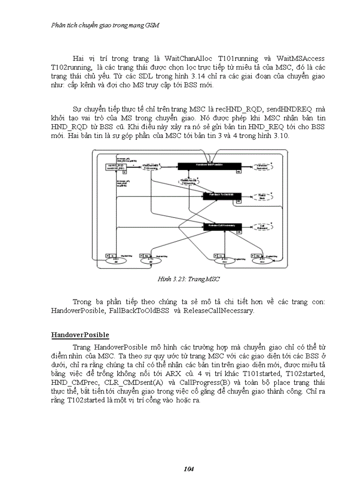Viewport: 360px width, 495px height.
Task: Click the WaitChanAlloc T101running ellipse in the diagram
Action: [151, 167]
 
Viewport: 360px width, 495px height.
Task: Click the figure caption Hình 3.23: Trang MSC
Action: [188, 279]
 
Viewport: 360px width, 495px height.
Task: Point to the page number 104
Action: [188, 469]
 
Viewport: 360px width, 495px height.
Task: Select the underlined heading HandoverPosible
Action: [80, 335]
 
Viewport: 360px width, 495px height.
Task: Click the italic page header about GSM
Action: [105, 25]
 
